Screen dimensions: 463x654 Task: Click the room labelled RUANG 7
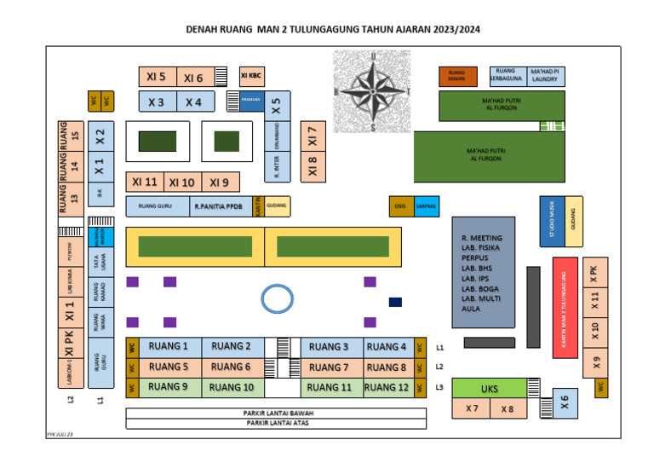(x=328, y=368)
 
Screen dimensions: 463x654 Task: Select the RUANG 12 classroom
(x=387, y=388)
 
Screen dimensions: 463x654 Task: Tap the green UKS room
(x=489, y=389)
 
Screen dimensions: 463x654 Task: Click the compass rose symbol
(x=371, y=90)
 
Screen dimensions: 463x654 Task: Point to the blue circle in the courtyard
(x=277, y=298)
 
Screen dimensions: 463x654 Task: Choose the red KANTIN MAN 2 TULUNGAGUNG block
(x=565, y=307)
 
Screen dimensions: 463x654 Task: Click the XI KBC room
(x=251, y=76)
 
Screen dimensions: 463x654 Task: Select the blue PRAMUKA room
(x=250, y=101)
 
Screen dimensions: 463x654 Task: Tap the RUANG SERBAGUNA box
(x=506, y=75)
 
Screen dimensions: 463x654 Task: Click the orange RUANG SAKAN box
(x=457, y=76)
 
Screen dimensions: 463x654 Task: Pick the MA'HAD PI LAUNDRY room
(x=544, y=75)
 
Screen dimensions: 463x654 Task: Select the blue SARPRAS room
(x=426, y=206)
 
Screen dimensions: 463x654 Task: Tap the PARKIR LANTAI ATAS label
(x=277, y=423)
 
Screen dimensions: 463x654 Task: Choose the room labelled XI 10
(x=181, y=182)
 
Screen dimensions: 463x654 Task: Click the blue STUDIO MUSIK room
(x=552, y=222)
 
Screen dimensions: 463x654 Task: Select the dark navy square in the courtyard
(x=395, y=302)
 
